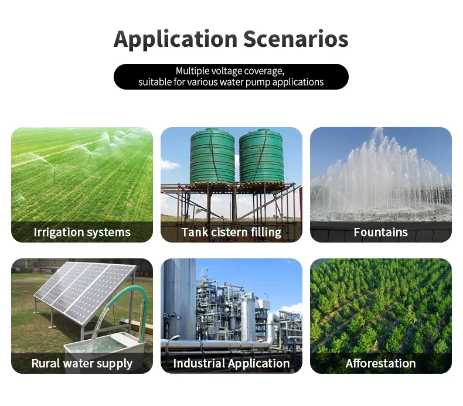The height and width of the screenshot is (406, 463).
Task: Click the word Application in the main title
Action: coord(175,39)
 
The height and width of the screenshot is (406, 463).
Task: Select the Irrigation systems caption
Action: coord(82,232)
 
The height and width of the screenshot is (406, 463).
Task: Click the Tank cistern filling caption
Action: coord(231,232)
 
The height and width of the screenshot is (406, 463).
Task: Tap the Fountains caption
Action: coord(380,232)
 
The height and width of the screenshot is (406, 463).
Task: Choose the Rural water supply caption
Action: coord(82,363)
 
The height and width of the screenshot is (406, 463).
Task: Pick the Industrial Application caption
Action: coord(231,363)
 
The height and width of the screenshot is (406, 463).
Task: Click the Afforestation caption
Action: coord(380,363)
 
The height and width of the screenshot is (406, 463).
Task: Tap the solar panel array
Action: coord(82,290)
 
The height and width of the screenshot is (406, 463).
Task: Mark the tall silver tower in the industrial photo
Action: coord(179,299)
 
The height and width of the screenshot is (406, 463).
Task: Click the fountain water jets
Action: coord(380,176)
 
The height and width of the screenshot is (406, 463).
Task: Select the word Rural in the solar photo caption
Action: coord(46,363)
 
